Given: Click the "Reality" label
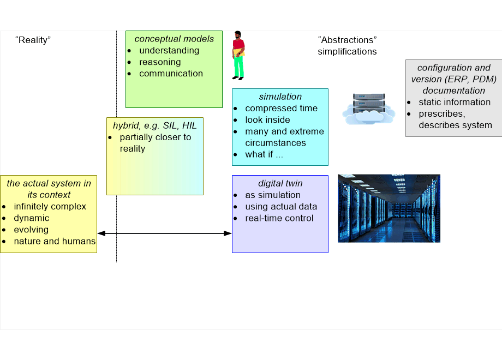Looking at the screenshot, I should tap(33, 40).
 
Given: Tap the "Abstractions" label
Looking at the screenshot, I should tap(348, 40).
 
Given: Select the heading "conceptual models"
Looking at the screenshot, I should tap(174, 39).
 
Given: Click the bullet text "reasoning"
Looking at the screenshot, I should tap(160, 62).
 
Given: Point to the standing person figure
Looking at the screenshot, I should tap(238, 55).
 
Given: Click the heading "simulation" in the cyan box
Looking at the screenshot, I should tap(280, 97).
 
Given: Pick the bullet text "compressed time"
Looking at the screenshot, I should tap(281, 108).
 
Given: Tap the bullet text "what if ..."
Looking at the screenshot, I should tap(264, 154).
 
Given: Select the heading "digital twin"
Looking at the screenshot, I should tap(280, 183).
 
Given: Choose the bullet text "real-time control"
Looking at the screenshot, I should tap(279, 218).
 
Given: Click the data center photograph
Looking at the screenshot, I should tap(389, 208).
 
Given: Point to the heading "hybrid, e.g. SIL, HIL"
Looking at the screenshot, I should tap(154, 125).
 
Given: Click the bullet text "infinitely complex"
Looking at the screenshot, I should tap(50, 207).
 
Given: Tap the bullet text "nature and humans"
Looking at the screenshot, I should tap(55, 241).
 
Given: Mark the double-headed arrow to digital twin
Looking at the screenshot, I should tap(164, 233).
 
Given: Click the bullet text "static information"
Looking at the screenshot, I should tap(455, 102).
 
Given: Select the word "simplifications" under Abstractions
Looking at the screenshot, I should tap(347, 52).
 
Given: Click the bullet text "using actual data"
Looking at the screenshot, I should tap(281, 207).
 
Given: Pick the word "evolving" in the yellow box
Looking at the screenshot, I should tap(31, 230).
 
